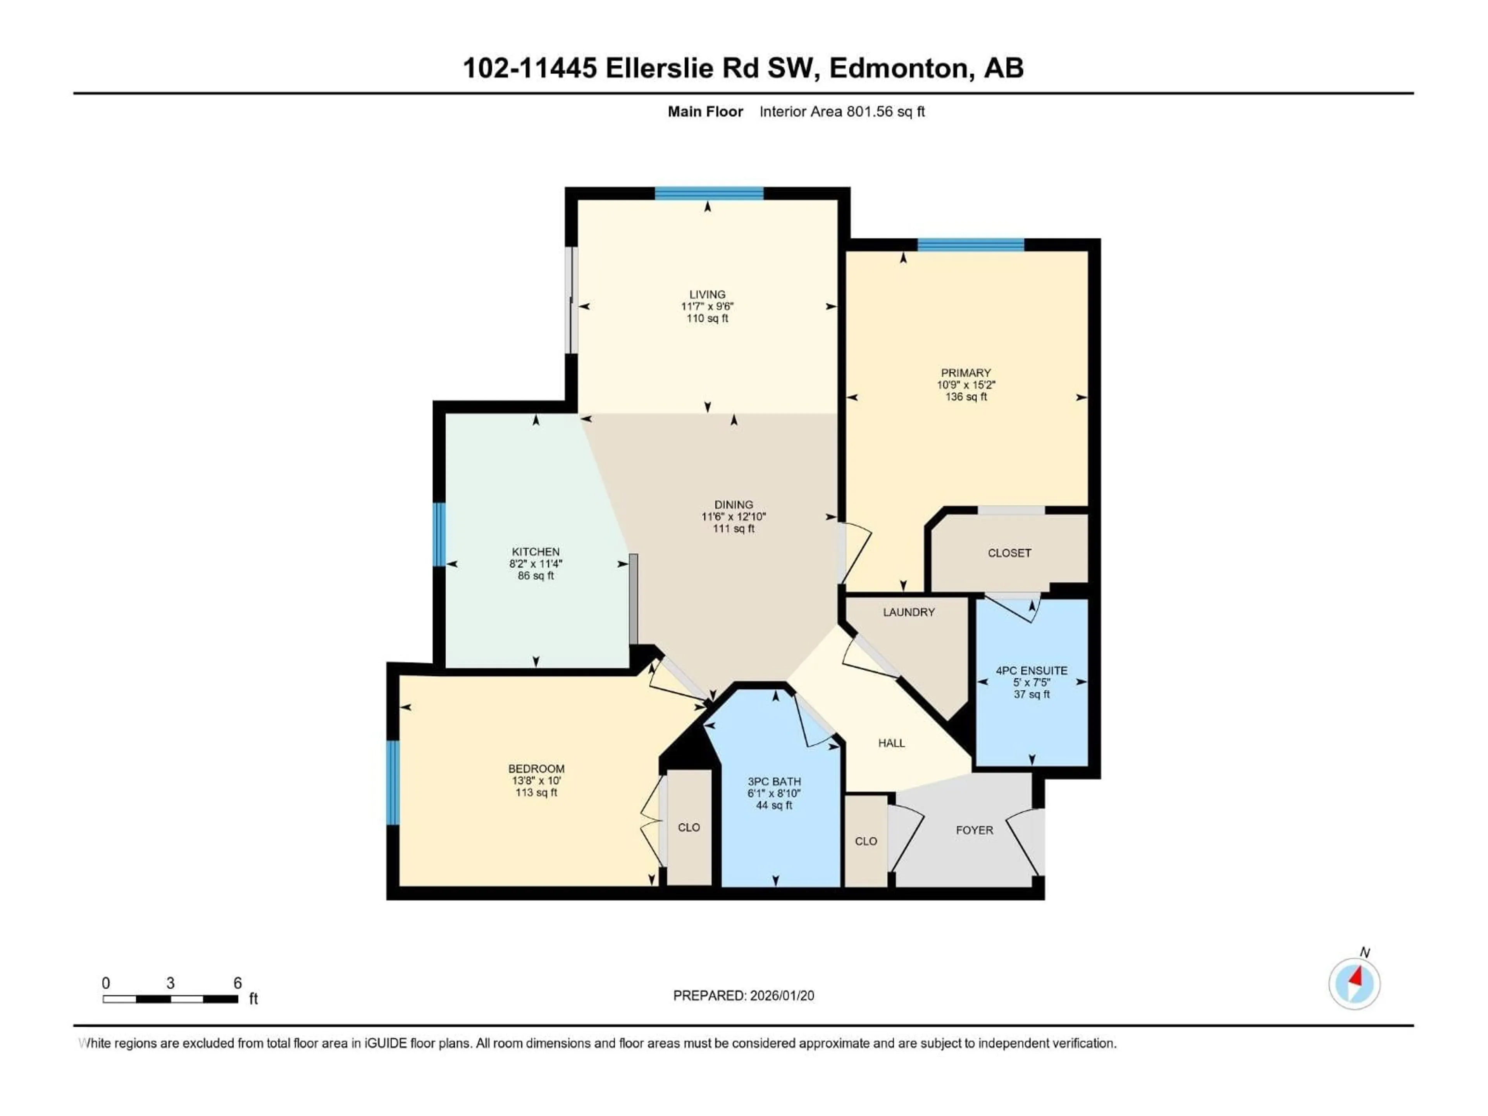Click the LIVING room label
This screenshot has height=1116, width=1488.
[707, 294]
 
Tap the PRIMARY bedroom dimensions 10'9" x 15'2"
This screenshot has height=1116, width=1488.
[966, 385]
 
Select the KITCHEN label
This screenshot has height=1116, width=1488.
[536, 552]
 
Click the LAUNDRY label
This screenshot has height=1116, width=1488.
[909, 612]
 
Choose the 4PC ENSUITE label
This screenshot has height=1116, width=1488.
[1031, 671]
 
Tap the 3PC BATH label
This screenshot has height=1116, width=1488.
[774, 782]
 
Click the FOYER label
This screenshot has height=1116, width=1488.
[974, 830]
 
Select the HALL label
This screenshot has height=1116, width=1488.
[891, 743]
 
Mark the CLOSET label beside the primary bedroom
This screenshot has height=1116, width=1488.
[1009, 553]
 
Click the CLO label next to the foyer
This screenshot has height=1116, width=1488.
[866, 842]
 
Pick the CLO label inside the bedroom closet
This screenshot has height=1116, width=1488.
[689, 827]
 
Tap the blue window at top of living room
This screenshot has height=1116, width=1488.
[709, 194]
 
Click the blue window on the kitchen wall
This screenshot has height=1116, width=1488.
[439, 535]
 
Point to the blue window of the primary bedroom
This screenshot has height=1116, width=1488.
[971, 245]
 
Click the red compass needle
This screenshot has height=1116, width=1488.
[1357, 976]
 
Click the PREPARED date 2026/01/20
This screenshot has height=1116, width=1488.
[779, 995]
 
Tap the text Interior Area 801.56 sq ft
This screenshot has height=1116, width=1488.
[842, 112]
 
